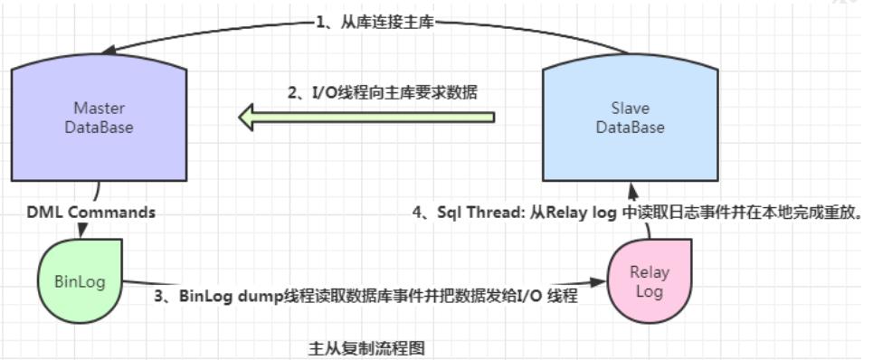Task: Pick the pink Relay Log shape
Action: (649, 281)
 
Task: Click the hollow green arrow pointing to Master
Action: (366, 117)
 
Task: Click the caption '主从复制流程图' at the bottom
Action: (367, 346)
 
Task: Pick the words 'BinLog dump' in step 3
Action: (222, 295)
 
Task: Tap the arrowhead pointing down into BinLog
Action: (82, 233)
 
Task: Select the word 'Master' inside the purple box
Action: (99, 109)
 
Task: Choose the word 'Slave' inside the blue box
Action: (630, 109)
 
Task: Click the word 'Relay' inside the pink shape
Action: (650, 272)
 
